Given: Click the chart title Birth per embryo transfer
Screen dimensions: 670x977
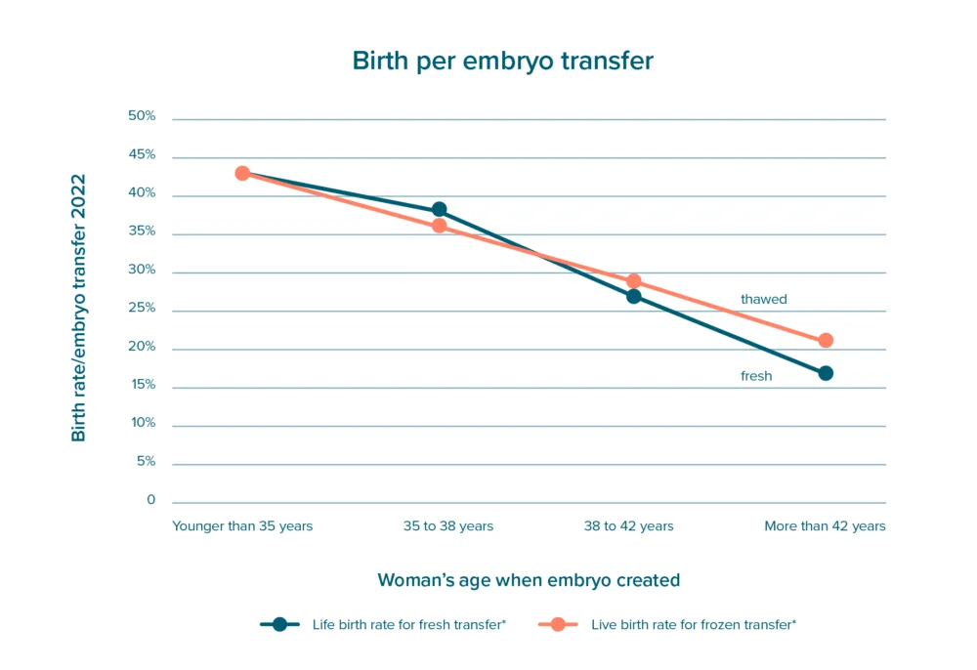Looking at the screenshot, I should (502, 61).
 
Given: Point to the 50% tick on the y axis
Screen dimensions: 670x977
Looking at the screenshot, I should (142, 116).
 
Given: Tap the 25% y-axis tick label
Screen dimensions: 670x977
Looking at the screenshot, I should (142, 309).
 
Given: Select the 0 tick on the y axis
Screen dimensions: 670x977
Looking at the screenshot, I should (150, 500).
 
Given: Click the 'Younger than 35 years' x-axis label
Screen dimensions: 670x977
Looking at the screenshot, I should (242, 526).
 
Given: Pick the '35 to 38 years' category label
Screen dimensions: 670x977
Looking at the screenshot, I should (448, 526).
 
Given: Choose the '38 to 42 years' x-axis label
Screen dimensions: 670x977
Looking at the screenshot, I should (628, 526).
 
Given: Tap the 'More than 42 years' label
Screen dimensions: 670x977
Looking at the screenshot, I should (825, 526).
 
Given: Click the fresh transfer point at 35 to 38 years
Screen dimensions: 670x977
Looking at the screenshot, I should (440, 210).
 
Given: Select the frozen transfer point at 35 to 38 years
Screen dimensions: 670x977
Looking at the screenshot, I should (440, 226).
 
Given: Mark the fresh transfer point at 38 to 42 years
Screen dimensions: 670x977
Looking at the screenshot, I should (633, 296).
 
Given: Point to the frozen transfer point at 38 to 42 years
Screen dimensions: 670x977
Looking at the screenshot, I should (633, 281).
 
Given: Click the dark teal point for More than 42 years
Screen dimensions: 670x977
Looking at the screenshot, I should (826, 373).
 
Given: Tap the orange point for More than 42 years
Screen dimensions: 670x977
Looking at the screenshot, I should (826, 341).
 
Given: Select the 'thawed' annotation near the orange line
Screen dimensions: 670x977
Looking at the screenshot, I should (763, 300).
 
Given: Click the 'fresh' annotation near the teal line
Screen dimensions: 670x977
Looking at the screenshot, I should (756, 376).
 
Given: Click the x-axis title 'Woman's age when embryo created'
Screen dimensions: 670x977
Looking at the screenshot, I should (529, 580).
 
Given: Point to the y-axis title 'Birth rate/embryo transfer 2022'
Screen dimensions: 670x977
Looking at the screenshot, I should (79, 308).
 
